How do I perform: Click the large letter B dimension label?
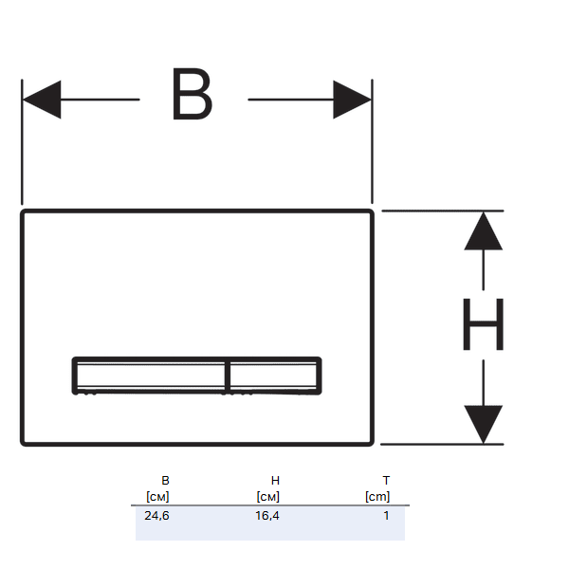[x=192, y=95]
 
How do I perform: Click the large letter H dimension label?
[x=483, y=325]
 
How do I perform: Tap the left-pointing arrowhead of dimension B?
[x=41, y=99]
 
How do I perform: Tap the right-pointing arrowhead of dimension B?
[x=352, y=99]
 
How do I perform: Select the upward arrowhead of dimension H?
[x=484, y=230]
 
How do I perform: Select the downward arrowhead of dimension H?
[x=484, y=423]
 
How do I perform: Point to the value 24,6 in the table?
[x=156, y=515]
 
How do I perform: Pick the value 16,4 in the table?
[x=267, y=515]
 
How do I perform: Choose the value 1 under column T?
[x=386, y=515]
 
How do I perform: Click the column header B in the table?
[x=165, y=481]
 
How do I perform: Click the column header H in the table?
[x=275, y=481]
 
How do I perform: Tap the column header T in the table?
[x=385, y=481]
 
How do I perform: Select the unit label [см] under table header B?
[x=157, y=496]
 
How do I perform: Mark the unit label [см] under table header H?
[x=267, y=496]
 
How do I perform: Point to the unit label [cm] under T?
[x=377, y=496]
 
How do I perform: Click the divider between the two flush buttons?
[x=228, y=375]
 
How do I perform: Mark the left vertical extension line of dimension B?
[x=21, y=142]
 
